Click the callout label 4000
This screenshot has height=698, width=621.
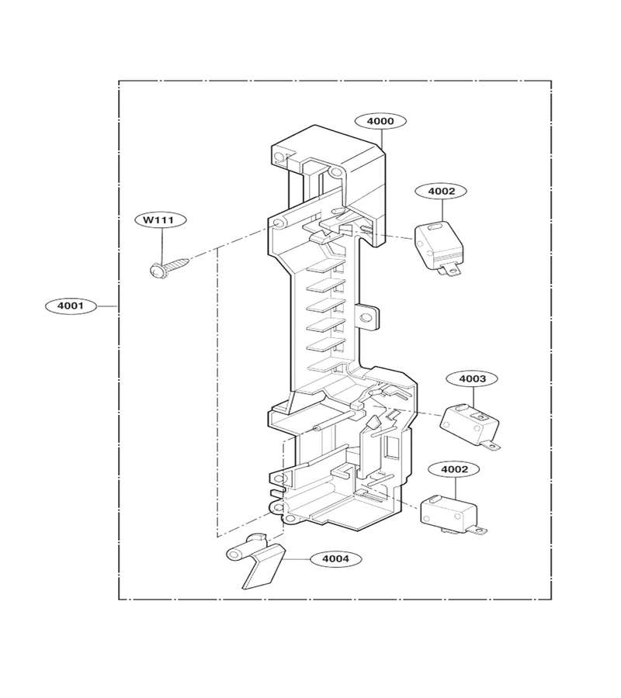tap(380, 121)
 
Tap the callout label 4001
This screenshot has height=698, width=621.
tap(71, 306)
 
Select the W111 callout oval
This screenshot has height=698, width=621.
tap(161, 219)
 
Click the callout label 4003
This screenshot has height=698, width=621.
tap(472, 378)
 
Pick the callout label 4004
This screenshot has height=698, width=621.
tap(336, 558)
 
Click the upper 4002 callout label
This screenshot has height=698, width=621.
tap(441, 192)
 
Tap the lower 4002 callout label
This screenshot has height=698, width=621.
tap(454, 469)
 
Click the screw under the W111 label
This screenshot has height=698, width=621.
tap(170, 267)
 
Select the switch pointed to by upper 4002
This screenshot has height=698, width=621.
tap(439, 247)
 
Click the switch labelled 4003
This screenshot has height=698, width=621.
tap(470, 425)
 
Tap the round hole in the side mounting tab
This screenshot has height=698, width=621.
tap(366, 318)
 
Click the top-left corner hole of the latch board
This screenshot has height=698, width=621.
tap(279, 157)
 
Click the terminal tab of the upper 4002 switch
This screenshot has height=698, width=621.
tap(451, 269)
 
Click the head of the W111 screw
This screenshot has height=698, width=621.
tap(157, 271)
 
